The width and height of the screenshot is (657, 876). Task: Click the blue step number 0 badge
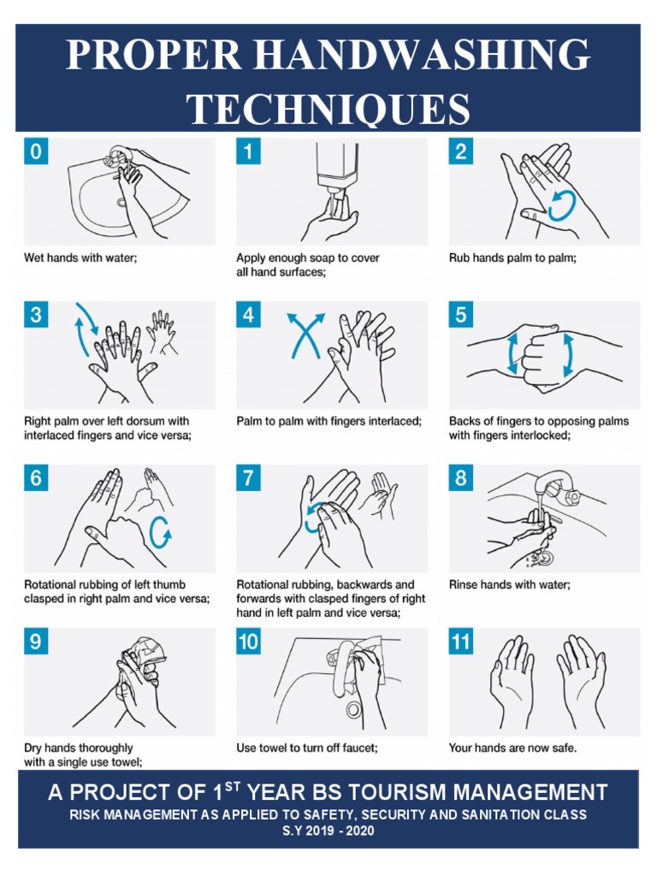[x=35, y=152]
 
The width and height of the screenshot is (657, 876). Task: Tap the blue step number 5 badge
[x=461, y=315]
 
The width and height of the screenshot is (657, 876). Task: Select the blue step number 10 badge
[x=248, y=642]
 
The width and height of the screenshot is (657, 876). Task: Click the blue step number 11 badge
[x=461, y=642]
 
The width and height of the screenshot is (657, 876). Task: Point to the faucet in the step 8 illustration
[x=557, y=488]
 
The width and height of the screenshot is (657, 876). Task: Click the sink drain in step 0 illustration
[x=121, y=203]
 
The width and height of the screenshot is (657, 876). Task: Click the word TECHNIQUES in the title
[x=328, y=109]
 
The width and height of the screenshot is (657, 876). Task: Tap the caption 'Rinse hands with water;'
[x=509, y=585]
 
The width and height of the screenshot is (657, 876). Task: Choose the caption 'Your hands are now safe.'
[x=512, y=748]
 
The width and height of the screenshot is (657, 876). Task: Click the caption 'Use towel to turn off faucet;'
[x=307, y=748]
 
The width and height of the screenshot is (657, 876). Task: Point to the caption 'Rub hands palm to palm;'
[x=512, y=257]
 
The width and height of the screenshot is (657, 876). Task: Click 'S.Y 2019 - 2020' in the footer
[x=328, y=831]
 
